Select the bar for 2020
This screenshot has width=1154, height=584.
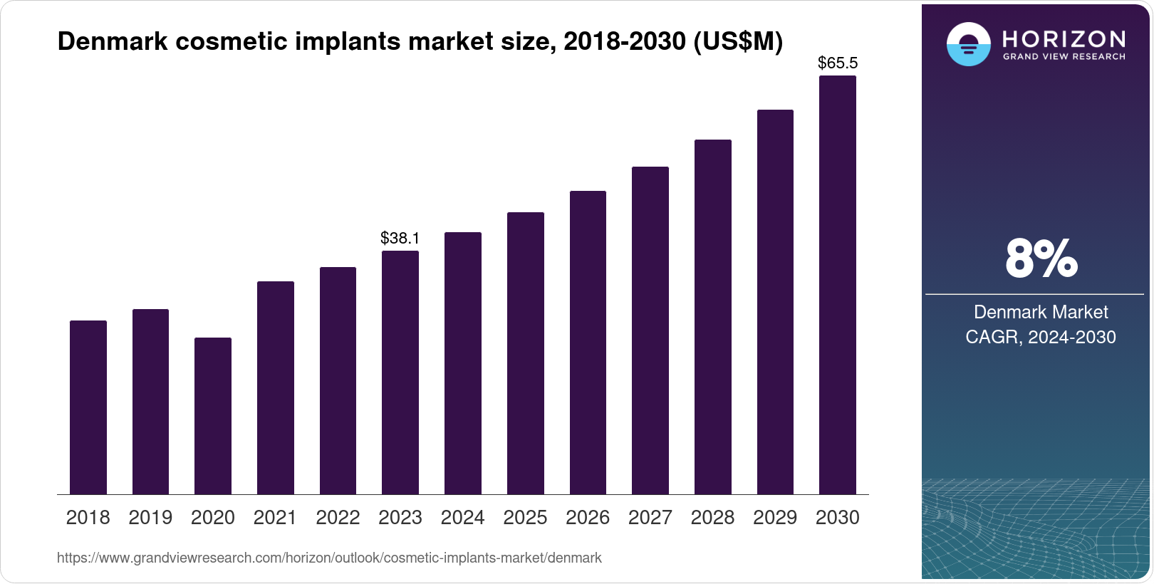click(212, 416)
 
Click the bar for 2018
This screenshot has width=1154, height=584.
click(88, 407)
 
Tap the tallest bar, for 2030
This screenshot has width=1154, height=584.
click(837, 285)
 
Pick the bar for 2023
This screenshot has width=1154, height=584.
click(400, 372)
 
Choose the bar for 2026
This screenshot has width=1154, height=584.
click(588, 343)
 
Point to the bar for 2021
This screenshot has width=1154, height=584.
click(275, 388)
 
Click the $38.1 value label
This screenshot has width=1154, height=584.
click(400, 238)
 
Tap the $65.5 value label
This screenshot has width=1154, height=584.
click(837, 63)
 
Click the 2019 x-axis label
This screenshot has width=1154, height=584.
click(150, 518)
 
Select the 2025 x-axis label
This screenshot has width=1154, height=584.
click(525, 518)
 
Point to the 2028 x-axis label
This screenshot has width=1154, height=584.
click(712, 518)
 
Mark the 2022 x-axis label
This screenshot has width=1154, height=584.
click(338, 518)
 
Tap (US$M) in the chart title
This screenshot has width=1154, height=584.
click(738, 41)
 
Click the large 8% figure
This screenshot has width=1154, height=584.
click(1041, 259)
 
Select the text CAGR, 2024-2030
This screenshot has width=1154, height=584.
click(1040, 337)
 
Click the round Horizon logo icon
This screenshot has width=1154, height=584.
click(968, 44)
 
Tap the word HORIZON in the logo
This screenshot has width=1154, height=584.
click(1064, 38)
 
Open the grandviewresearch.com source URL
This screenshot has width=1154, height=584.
click(329, 558)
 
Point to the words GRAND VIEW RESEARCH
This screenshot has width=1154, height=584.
click(1064, 57)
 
